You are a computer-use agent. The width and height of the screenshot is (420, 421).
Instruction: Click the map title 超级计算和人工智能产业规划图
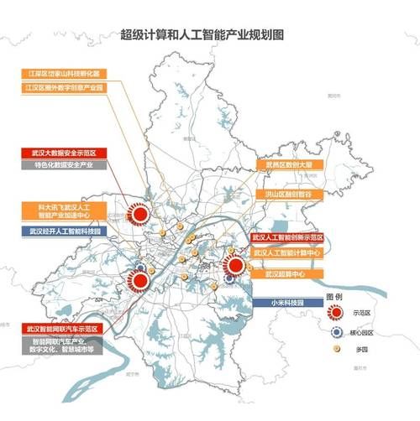click(211, 36)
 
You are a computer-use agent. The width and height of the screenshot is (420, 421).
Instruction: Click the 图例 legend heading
click(333, 297)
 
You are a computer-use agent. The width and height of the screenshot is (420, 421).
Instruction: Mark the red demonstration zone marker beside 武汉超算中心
click(236, 267)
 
